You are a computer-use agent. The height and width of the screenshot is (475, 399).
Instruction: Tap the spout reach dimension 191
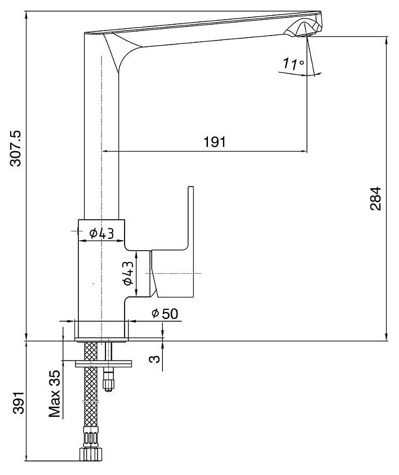click(214, 142)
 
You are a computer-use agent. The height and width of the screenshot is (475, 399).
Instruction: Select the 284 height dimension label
click(376, 198)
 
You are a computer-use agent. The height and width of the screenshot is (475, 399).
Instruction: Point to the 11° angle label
click(294, 64)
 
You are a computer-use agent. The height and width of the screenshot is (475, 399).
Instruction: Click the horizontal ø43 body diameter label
click(101, 232)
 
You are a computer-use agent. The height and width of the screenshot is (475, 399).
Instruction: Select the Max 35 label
click(55, 394)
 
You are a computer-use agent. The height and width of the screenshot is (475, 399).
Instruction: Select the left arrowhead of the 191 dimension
click(105, 151)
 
